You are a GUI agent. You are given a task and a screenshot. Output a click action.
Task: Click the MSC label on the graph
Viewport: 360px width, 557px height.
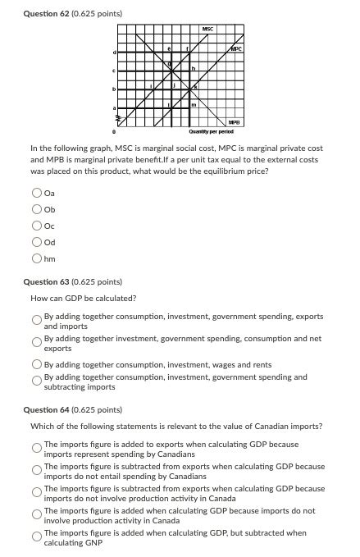207,30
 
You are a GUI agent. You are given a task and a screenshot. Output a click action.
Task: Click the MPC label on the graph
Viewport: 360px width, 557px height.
236,48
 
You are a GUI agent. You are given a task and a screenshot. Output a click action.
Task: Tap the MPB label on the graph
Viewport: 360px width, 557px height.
235,121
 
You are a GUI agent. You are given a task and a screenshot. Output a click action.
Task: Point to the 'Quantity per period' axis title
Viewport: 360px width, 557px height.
210,130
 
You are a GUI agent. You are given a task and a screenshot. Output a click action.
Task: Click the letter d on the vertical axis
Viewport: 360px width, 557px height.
115,53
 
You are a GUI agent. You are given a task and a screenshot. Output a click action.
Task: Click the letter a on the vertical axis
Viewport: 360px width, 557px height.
115,106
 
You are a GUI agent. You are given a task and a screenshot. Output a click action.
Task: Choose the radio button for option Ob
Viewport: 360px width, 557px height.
37,209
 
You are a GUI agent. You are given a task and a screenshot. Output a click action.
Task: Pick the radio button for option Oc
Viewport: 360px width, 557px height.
37,226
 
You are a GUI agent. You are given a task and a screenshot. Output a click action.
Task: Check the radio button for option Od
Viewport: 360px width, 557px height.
37,243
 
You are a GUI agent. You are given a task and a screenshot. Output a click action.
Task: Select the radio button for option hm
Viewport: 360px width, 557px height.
37,259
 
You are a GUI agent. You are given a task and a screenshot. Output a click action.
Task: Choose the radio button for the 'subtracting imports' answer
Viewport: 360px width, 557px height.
37,381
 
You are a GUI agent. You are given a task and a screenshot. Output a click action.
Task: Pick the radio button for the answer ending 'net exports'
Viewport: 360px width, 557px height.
37,342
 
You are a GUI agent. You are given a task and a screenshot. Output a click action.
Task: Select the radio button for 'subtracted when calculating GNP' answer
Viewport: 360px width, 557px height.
37,537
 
